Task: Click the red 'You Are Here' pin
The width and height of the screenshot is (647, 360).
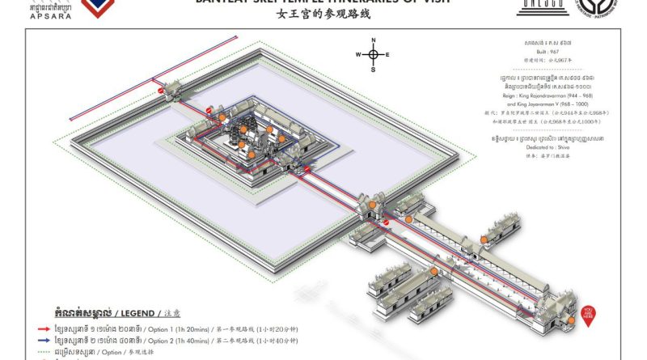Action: pos(590,311)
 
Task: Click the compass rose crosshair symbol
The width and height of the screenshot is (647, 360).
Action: pos(373,55)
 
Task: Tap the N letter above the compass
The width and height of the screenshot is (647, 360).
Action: pos(373,40)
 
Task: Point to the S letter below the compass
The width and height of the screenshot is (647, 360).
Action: pos(373,70)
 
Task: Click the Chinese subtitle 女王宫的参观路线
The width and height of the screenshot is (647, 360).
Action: pos(322,13)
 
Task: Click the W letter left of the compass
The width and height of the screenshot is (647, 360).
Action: pos(358,55)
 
